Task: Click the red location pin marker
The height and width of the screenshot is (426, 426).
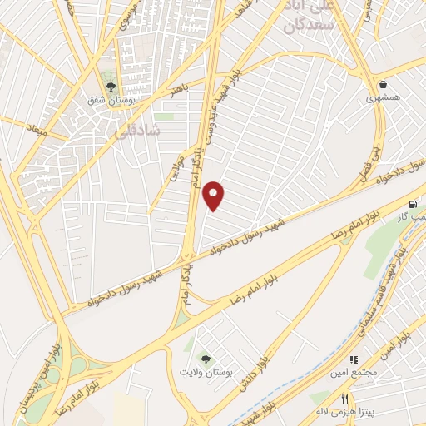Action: click(215, 196)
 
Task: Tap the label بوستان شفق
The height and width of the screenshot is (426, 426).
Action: click(112, 99)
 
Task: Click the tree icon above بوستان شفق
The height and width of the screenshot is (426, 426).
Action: click(111, 86)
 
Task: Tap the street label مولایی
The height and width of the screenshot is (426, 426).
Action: click(176, 159)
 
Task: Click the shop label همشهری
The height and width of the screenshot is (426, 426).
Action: click(383, 97)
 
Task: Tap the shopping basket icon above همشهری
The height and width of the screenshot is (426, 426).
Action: click(383, 84)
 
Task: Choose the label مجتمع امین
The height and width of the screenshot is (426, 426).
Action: click(358, 372)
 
